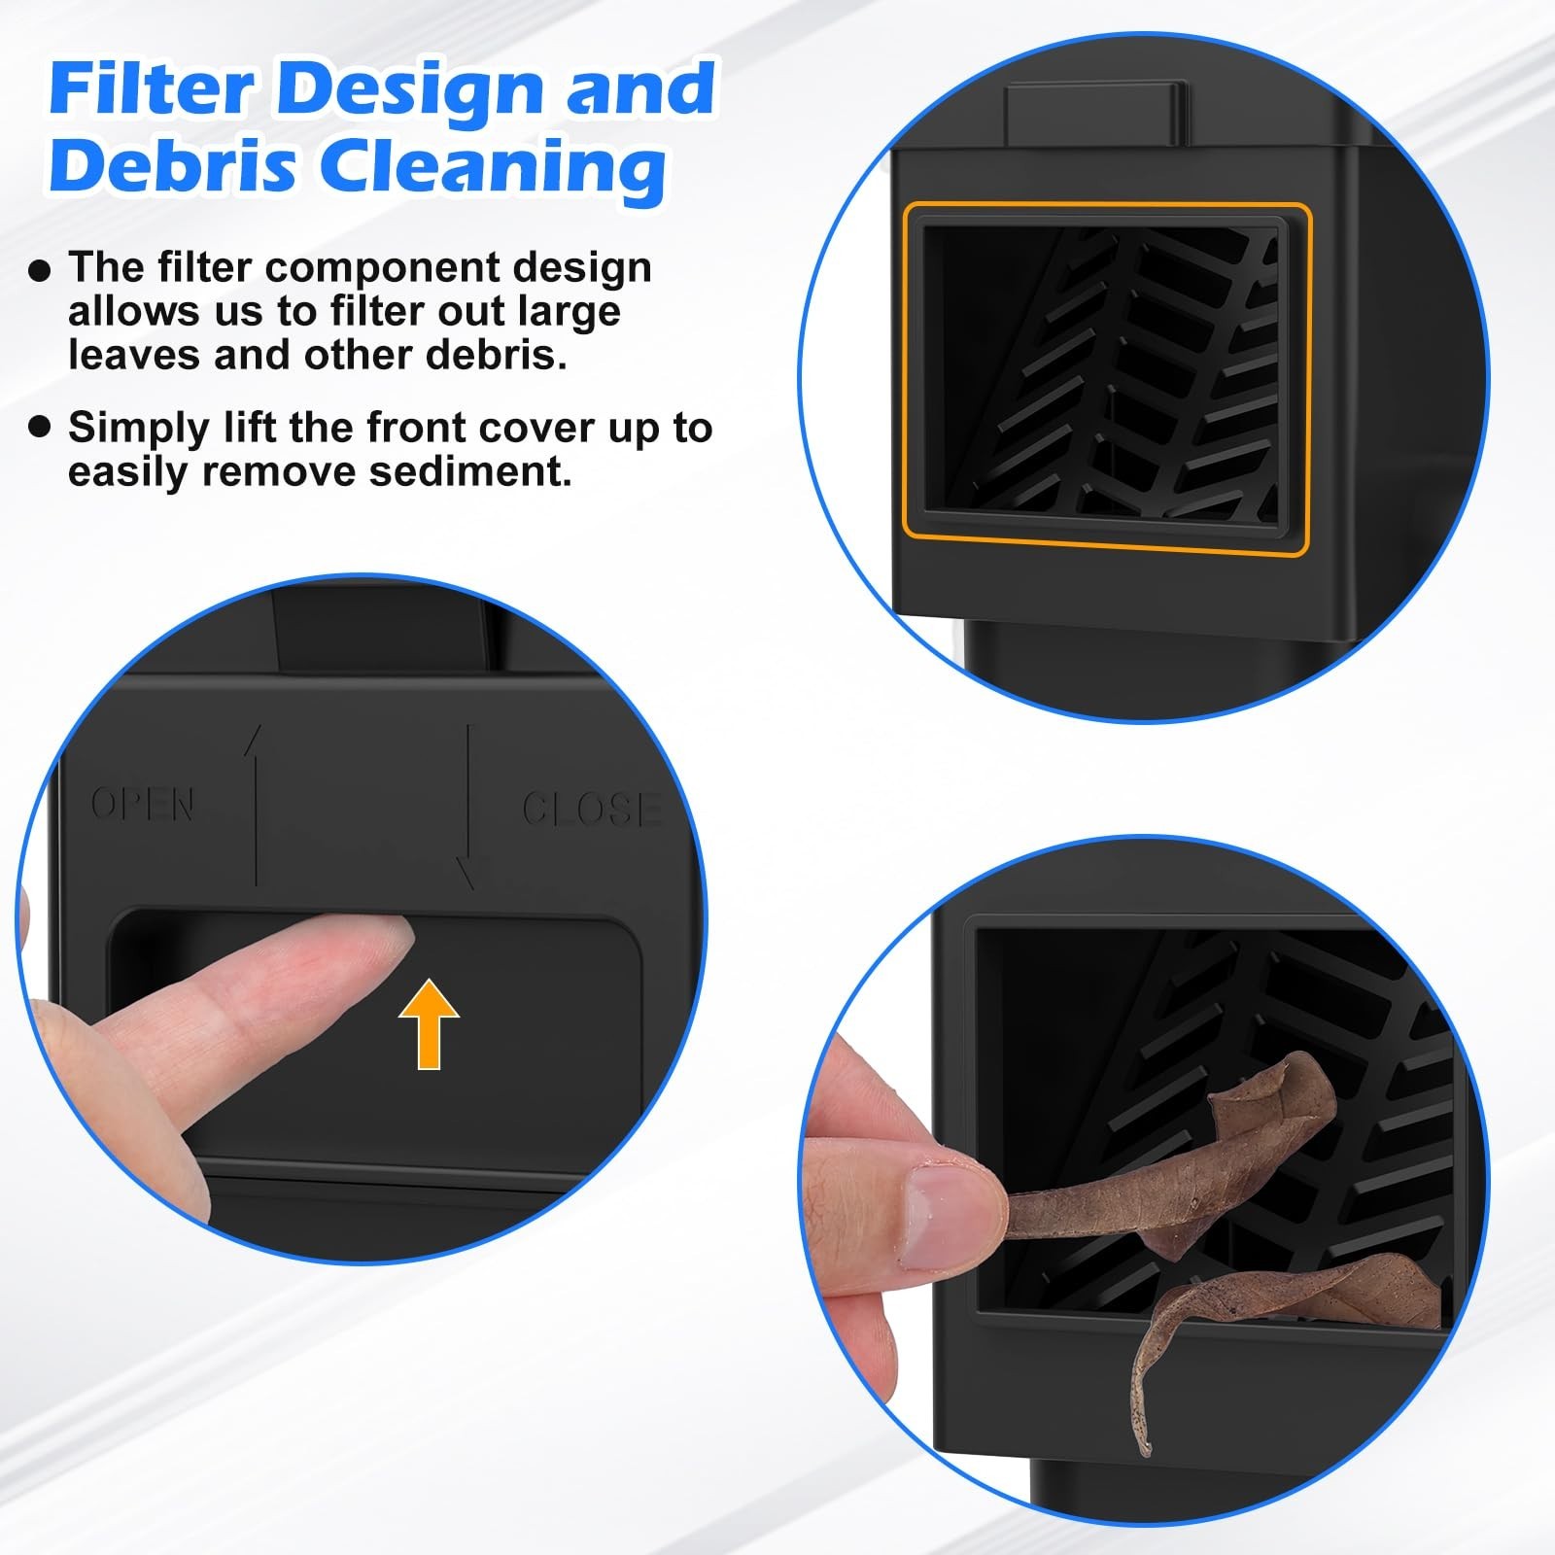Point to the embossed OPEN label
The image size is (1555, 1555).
[x=143, y=804]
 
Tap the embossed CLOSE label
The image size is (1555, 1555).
[x=591, y=809]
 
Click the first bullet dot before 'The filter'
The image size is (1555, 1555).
[x=39, y=270]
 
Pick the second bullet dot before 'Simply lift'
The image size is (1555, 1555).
[x=39, y=428]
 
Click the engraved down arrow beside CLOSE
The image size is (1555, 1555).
[x=468, y=807]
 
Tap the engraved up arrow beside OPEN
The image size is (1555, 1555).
[x=256, y=807]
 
